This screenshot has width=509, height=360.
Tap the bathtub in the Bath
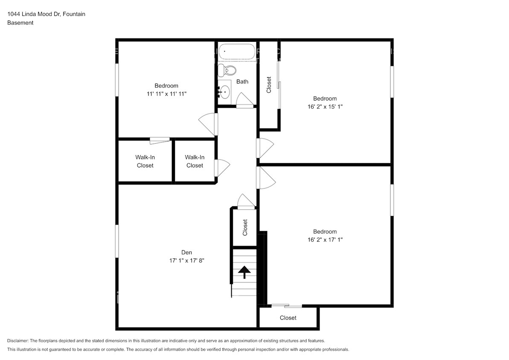tap(236, 52)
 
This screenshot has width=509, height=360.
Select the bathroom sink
tap(224, 91)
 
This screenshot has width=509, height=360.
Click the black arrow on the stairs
tap(244, 272)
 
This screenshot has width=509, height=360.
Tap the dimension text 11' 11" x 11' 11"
tap(166, 93)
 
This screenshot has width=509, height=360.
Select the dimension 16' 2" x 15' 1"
tap(325, 106)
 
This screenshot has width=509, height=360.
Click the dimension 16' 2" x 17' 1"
tap(325, 240)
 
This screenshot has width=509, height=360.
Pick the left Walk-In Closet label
tap(145, 161)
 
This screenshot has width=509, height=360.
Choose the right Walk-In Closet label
tap(195, 161)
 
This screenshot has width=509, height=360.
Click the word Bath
tap(242, 81)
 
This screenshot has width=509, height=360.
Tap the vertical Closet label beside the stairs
tap(245, 227)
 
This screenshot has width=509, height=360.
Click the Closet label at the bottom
tap(288, 318)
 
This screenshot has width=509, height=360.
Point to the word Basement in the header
tap(20, 23)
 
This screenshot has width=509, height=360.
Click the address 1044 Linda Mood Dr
tap(34, 14)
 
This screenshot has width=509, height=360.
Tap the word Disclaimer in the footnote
tap(17, 341)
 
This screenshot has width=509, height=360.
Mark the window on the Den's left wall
tap(117, 241)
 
